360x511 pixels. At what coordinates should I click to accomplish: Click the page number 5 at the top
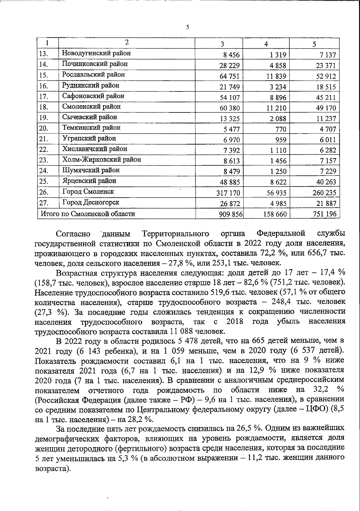(187, 27)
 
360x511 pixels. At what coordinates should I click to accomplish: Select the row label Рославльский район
(93, 75)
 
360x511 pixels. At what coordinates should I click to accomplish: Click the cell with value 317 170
(228, 193)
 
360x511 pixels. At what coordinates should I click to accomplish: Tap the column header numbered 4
(266, 44)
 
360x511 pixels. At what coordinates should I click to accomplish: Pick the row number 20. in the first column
(44, 128)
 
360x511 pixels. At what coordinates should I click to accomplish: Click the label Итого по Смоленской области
(88, 214)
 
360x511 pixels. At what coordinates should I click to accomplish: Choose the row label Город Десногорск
(91, 202)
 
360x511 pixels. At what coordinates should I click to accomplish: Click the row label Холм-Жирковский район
(101, 160)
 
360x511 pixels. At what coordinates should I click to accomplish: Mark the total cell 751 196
(324, 214)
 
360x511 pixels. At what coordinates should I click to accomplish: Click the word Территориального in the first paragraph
(176, 234)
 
